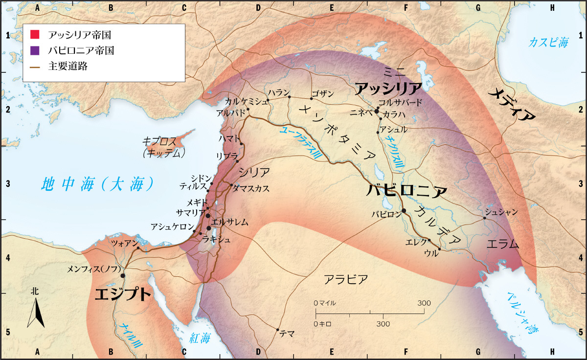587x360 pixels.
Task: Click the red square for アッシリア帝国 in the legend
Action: pos(35,35)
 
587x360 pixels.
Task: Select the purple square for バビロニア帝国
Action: pos(35,50)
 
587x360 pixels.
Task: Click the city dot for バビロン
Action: pos(404,211)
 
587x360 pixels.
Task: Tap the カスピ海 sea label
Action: pos(549,43)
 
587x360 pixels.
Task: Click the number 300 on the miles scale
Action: pos(424,303)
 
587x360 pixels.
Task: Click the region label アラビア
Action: pos(345,279)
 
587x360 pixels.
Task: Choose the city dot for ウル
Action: pos(439,249)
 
